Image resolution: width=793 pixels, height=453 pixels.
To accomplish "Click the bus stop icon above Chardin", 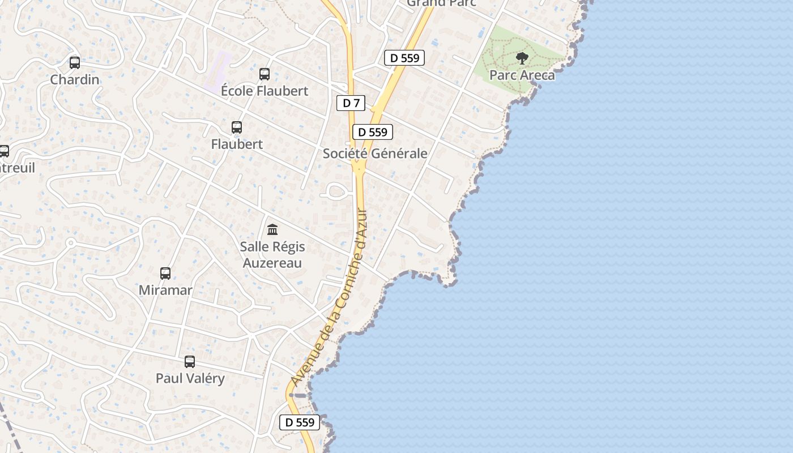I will [74, 62].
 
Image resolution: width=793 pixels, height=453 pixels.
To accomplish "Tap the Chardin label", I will [75, 79].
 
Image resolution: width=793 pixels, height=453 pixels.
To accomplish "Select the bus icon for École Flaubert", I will [265, 74].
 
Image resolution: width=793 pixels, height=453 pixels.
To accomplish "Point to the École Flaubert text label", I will [265, 91].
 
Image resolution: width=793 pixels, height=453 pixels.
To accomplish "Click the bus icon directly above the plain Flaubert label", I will [237, 127].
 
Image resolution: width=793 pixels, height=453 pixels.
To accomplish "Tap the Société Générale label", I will [375, 153].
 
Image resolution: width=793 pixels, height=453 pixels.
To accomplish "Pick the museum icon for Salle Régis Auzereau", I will [272, 229].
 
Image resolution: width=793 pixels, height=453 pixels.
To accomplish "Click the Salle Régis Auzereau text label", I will [272, 255].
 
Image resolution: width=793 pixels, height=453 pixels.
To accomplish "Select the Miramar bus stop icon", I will [165, 273].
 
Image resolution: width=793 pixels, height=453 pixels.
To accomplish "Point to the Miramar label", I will [165, 290].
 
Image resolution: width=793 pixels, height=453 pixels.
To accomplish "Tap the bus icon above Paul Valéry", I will [190, 361].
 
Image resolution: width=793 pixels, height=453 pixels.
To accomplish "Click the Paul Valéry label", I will [190, 378].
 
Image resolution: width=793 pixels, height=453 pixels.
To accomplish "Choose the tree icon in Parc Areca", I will [522, 58].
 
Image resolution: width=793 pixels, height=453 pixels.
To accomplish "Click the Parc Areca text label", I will [522, 75].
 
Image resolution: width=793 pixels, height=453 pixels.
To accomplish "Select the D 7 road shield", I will [351, 103].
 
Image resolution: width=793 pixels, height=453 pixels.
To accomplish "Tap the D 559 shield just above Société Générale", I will [373, 132].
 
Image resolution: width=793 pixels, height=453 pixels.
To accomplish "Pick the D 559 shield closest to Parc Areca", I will [404, 58].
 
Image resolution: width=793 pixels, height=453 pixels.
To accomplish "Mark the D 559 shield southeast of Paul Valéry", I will [300, 422].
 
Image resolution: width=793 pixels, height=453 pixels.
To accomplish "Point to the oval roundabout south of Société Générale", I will [336, 191].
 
